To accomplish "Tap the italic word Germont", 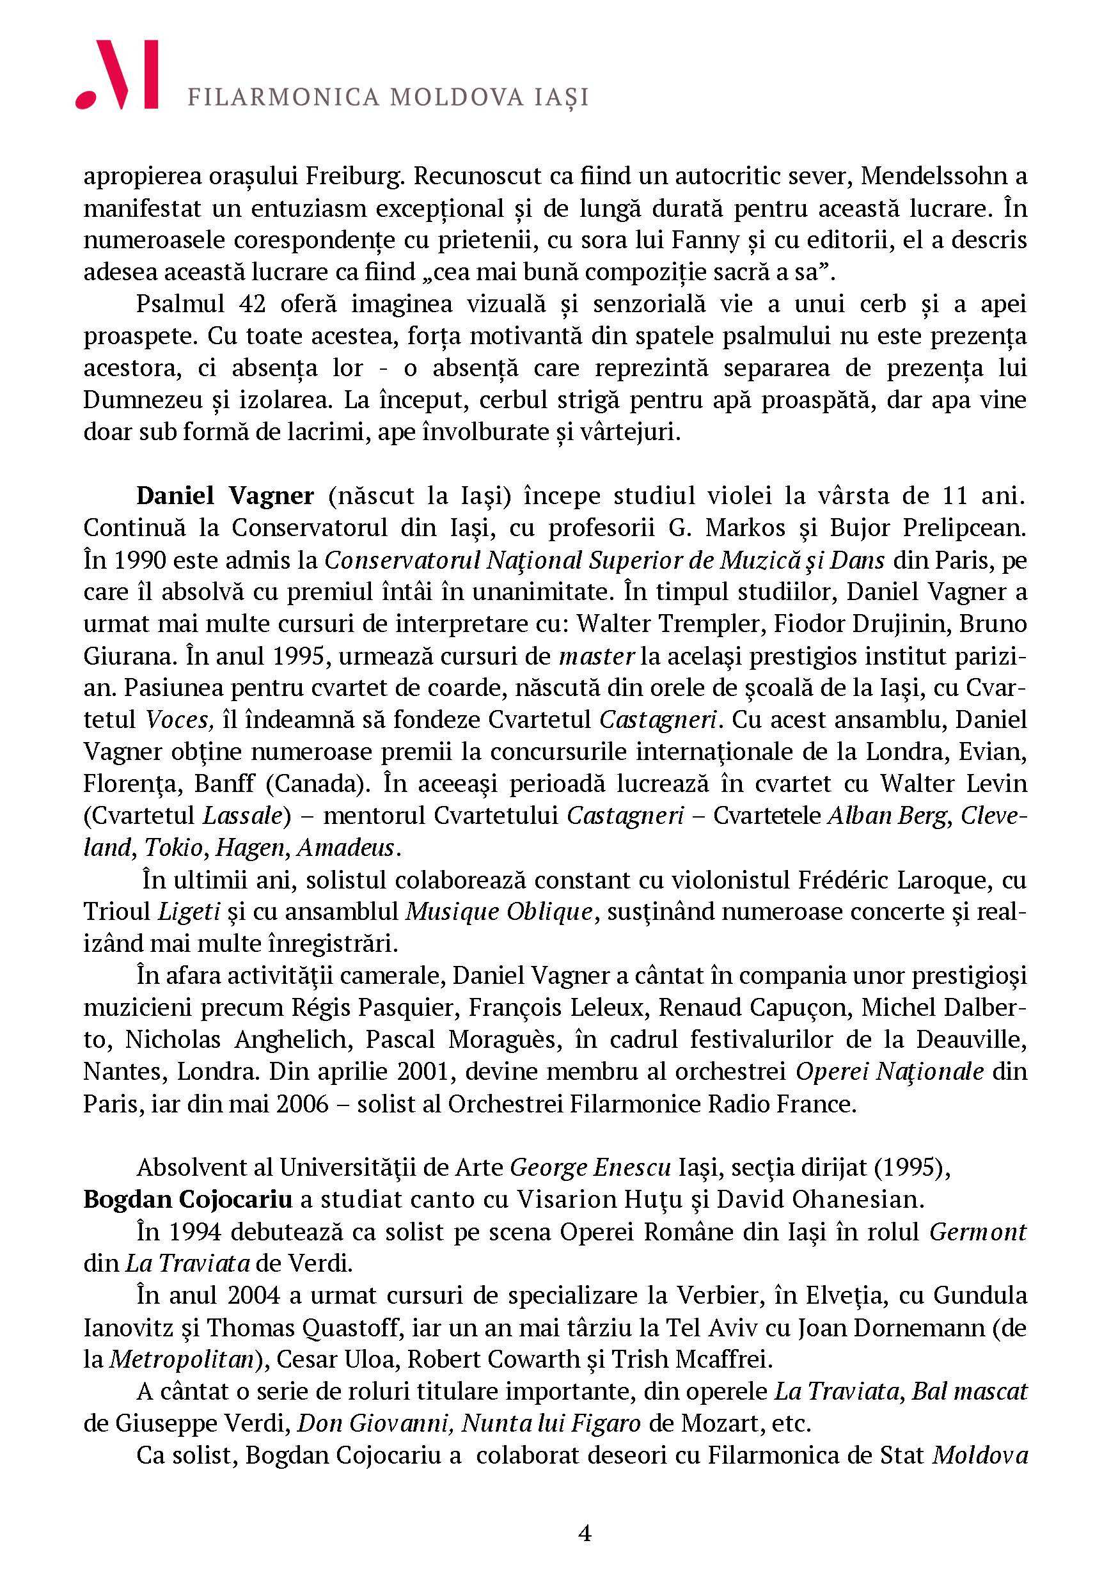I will click(977, 1231).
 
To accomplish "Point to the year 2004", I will click(253, 1295).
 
